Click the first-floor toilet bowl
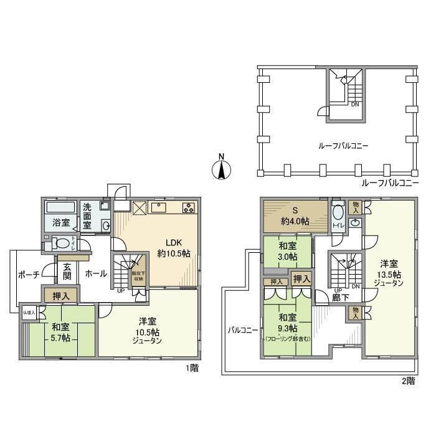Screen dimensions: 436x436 pos(62,243)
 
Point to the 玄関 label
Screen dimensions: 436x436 pos(67,272)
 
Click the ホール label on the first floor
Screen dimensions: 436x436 pos(95,273)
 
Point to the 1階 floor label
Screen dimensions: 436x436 pos(191,368)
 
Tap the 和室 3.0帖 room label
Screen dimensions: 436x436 pos(287,251)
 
